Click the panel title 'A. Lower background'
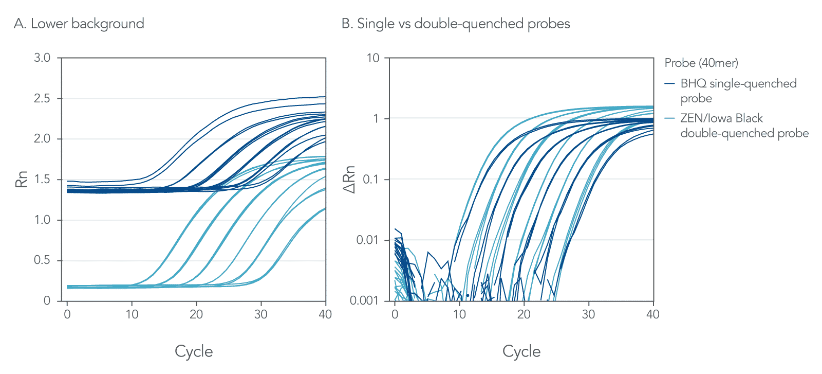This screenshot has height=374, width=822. [x=79, y=24]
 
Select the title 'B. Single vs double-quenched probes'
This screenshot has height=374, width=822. [x=456, y=24]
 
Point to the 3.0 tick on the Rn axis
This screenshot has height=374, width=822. [x=42, y=58]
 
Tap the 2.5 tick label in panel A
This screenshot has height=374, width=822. [x=42, y=98]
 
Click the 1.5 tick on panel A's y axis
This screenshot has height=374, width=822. [x=42, y=180]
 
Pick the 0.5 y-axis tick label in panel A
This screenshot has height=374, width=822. [x=42, y=260]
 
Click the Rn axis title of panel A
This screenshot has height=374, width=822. [x=22, y=180]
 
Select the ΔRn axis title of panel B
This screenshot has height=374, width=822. [x=349, y=180]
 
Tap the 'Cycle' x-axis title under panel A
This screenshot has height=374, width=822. [x=194, y=351]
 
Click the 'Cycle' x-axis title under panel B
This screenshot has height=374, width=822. [x=521, y=351]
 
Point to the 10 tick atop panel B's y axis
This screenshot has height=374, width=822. [x=373, y=58]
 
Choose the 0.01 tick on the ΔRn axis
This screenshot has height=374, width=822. [x=368, y=240]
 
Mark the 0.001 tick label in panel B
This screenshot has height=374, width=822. [x=364, y=300]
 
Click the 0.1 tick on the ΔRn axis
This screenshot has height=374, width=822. [x=371, y=180]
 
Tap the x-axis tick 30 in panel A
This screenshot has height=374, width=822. [x=261, y=314]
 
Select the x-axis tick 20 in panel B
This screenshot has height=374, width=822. [x=524, y=314]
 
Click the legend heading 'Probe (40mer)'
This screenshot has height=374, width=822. [x=701, y=63]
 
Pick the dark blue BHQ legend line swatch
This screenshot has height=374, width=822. [x=669, y=83]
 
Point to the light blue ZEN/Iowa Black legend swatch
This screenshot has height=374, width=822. [x=669, y=118]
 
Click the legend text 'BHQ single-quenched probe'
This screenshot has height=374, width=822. [x=738, y=91]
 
